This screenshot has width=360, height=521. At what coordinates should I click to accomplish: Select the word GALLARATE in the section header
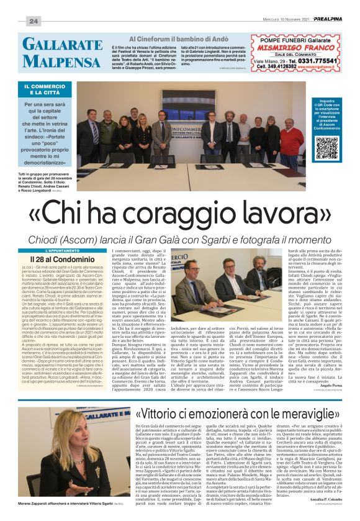(x=62, y=45)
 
